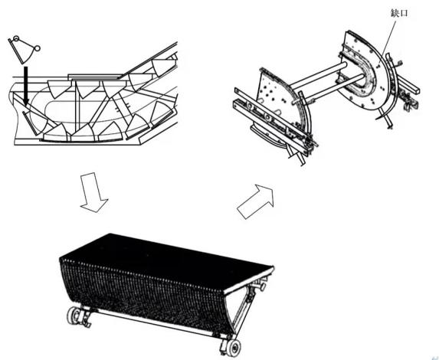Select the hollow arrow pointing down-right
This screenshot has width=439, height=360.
pos(94,194)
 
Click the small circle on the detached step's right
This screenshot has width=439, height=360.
pos(37,50)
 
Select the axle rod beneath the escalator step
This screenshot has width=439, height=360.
pos(153,321)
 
